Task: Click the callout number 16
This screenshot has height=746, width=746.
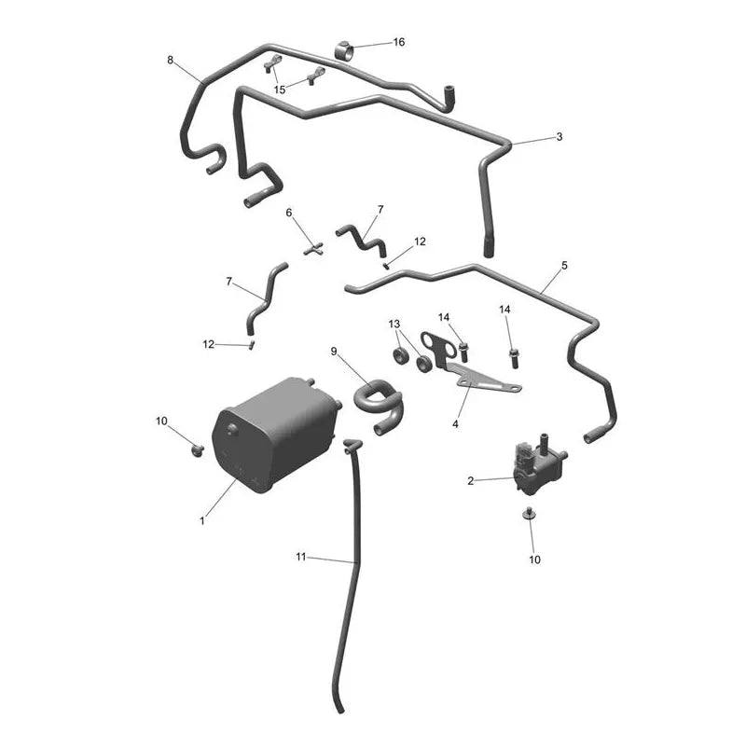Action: pos(399,42)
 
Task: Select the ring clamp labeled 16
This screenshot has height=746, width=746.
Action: pos(344,51)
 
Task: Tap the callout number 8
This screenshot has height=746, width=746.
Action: pos(171,60)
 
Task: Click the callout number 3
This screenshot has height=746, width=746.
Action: pos(559,136)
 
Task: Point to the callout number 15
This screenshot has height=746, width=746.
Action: pos(280,90)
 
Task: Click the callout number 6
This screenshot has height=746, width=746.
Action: pos(289,213)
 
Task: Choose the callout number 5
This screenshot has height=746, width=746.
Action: pos(565,265)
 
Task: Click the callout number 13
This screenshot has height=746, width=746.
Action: pos(394,324)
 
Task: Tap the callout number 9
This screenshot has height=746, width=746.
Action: pos(334,352)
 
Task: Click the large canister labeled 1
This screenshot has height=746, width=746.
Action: pos(276,435)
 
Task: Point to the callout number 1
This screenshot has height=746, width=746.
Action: pos(202,520)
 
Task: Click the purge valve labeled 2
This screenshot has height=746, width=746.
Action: pos(539,465)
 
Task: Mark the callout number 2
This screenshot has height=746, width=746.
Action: pos(471,481)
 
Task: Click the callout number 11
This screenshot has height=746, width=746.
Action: pos(300,556)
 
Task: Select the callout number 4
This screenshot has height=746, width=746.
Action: pos(455,424)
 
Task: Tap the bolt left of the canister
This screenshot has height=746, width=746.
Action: pos(197,449)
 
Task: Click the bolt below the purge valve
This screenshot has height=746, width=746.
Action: pos(529,514)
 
